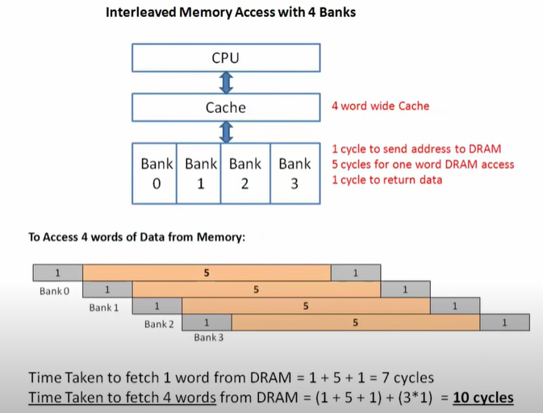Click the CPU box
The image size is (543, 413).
225,58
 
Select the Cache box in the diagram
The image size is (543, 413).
225,107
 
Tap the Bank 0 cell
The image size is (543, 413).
157,173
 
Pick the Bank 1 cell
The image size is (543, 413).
201,173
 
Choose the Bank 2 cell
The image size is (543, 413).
245,173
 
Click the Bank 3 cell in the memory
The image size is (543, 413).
294,173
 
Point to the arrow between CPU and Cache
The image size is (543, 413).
226,82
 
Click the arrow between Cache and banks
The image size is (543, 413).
226,131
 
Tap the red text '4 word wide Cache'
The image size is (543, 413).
380,106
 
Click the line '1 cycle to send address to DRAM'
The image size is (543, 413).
416,148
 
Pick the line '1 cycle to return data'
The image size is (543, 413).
386,180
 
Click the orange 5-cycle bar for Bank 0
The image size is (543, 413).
207,273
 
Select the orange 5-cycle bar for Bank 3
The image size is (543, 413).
356,322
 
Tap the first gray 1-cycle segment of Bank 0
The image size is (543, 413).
57,273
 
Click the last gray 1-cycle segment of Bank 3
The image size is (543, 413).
504,322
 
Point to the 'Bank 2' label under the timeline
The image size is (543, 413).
159,324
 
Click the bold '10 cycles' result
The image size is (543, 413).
482,398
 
